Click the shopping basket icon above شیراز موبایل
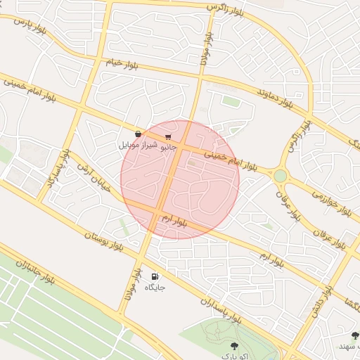pos(139,133)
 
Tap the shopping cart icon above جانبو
pos(168,136)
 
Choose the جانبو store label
pos(169,148)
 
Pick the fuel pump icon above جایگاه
pos(155,276)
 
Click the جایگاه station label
pos(155,288)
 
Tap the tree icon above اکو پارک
pos(234,345)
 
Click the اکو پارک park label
pos(234,356)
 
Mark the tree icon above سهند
pos(354,336)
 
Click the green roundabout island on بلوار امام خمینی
pos(281,175)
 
